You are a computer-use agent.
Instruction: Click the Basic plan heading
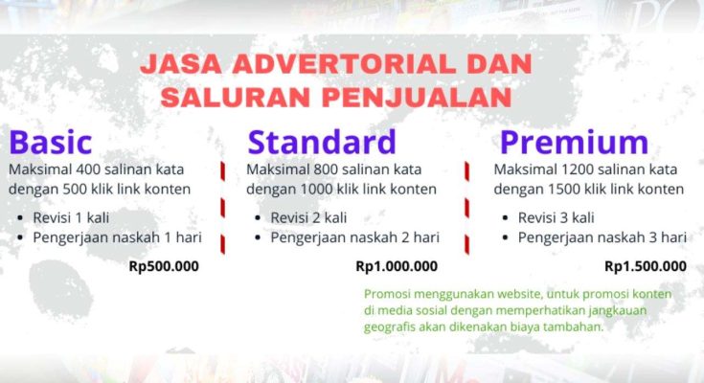(x=51, y=142)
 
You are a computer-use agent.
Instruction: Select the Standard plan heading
(x=322, y=142)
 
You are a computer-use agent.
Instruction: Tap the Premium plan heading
(x=575, y=143)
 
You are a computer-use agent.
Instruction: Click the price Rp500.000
(x=164, y=266)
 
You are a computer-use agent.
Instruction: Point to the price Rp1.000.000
(x=397, y=266)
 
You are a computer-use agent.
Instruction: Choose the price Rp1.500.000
(x=646, y=266)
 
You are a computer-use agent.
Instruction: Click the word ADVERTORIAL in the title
(x=344, y=64)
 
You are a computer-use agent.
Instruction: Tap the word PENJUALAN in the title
(x=417, y=97)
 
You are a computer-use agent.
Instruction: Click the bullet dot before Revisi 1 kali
(x=20, y=218)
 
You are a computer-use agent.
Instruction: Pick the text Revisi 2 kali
(x=308, y=217)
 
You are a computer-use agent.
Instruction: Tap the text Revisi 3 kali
(x=556, y=217)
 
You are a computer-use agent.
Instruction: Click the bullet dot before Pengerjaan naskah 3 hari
(x=505, y=238)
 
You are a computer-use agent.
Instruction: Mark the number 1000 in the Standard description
(x=316, y=189)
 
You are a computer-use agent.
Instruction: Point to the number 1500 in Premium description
(x=564, y=189)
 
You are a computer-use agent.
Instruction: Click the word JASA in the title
(x=180, y=64)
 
